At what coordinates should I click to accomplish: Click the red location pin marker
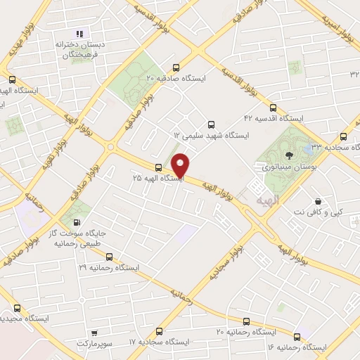pos(181,165)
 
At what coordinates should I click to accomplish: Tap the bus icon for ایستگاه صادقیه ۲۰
pos(175,68)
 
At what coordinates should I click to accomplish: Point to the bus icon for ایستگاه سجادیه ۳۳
pos(343,136)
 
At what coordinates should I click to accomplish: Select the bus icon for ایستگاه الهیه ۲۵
pos(159,167)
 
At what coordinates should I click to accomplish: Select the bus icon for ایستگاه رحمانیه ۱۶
pos(297,336)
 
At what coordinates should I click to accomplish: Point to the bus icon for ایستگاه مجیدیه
pos(17,308)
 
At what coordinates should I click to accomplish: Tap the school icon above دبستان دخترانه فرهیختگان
pos(79,33)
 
